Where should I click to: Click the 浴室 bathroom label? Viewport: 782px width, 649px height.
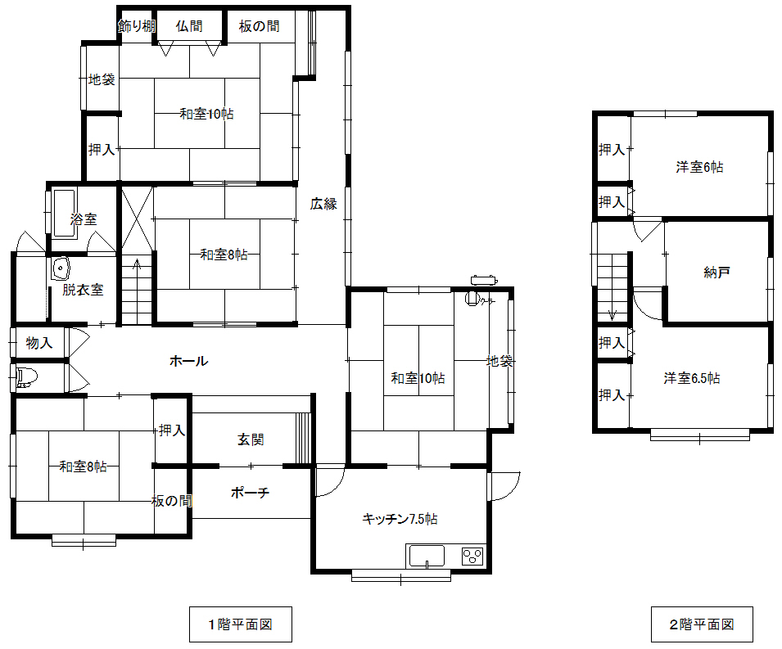click(x=84, y=219)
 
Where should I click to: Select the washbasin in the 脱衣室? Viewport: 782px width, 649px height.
click(x=61, y=268)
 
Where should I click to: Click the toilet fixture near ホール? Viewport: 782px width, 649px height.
click(x=25, y=377)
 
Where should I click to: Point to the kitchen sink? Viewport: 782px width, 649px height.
click(x=426, y=557)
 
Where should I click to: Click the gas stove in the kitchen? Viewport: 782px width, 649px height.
click(x=472, y=557)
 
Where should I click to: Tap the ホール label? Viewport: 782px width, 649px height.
click(x=188, y=361)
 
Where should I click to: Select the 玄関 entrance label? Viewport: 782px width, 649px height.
click(x=251, y=439)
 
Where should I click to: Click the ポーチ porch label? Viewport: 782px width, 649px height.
click(x=251, y=494)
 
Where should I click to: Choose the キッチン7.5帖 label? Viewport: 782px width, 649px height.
click(x=400, y=519)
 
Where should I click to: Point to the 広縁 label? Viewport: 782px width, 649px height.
click(x=323, y=204)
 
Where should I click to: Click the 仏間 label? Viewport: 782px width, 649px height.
click(x=188, y=26)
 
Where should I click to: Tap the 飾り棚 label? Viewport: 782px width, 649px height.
click(x=136, y=26)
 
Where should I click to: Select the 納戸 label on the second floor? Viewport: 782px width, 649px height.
click(x=716, y=273)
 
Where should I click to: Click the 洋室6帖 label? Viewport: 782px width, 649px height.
click(x=699, y=167)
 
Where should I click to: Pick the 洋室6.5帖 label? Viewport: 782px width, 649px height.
click(x=692, y=378)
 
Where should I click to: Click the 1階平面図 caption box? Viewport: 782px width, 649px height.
click(x=240, y=624)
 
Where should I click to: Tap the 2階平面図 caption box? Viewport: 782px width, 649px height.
click(x=701, y=624)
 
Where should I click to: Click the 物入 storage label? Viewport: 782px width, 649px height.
click(x=39, y=343)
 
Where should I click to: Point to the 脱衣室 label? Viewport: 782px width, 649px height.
click(x=83, y=290)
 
